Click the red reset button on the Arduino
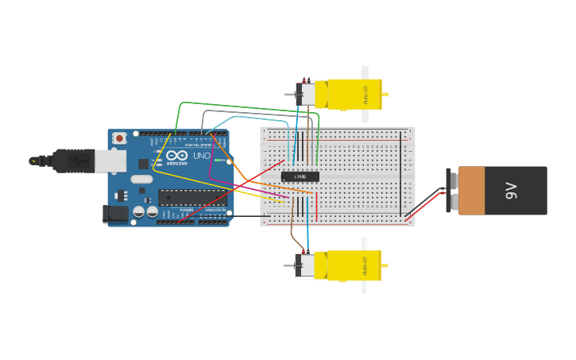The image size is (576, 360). click(x=119, y=138)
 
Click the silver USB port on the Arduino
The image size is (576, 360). click(x=110, y=161)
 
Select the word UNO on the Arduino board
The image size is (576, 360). click(x=202, y=156)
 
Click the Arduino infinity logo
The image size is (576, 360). click(x=177, y=155)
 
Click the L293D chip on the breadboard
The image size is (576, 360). click(x=300, y=176)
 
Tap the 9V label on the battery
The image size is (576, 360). click(x=512, y=191)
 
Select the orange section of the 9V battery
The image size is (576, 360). click(x=471, y=191)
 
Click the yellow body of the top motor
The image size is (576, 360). click(x=354, y=94)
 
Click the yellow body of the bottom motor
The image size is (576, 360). click(x=354, y=265)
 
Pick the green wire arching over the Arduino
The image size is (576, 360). click(x=238, y=105)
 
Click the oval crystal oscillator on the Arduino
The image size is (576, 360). click(x=141, y=179)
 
